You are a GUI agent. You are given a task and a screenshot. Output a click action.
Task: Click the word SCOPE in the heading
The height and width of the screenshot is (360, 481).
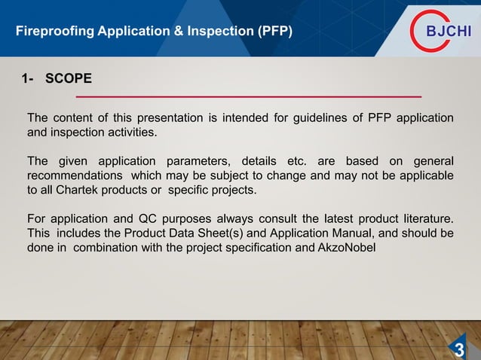click(x=69, y=79)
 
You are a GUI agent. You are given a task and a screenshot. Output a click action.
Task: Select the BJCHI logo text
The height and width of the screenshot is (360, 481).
click(x=449, y=31)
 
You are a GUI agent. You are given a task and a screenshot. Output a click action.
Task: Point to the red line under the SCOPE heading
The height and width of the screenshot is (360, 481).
click(x=248, y=97)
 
